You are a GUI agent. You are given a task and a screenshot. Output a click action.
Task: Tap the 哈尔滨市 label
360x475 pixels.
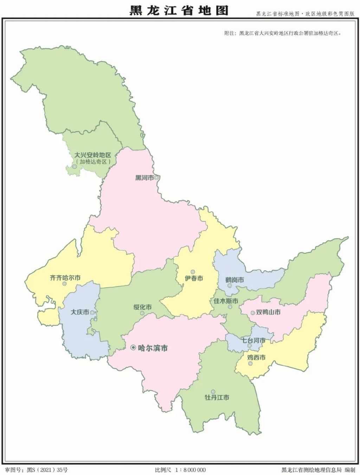153,348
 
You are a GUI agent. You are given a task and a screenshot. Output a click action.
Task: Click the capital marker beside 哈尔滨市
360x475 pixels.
133,348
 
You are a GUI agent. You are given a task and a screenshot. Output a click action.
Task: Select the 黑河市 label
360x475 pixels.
144,178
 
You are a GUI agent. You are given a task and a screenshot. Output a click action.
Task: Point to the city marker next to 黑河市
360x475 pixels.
156,178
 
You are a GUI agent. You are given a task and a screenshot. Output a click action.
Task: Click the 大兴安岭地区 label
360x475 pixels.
92,155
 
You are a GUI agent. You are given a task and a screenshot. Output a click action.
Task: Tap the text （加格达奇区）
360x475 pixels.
93,162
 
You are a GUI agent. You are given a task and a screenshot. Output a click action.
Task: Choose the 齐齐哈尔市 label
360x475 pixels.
65,278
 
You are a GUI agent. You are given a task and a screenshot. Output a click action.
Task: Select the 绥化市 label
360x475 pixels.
142,307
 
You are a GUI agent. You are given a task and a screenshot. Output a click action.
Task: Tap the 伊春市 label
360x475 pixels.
194,278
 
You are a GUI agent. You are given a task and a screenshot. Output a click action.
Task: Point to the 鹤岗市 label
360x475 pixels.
235,280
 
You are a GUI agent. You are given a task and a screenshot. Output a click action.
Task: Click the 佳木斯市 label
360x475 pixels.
226,301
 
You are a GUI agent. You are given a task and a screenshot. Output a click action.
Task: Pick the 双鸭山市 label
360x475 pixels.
268,312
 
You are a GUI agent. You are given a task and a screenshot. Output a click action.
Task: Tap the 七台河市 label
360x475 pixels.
253,341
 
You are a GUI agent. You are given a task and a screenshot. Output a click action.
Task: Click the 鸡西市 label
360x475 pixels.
256,358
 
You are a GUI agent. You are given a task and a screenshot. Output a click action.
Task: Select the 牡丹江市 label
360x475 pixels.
217,397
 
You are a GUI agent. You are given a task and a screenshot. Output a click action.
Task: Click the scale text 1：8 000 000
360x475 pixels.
190,470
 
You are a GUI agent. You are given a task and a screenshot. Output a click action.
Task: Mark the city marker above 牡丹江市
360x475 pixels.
213,391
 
